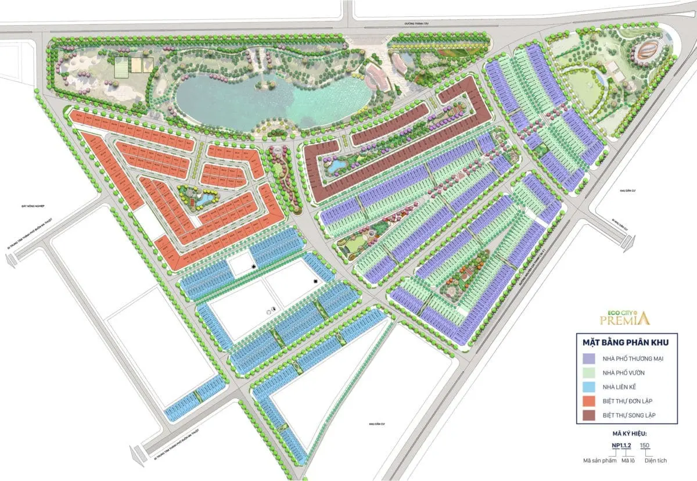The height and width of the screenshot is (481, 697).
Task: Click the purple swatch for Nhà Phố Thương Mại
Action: point(588,358)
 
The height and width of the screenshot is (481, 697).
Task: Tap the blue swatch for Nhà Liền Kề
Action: point(588,387)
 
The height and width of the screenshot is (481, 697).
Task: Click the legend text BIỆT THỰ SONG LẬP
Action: point(631,415)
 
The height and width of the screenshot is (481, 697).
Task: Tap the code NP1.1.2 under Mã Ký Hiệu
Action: point(620,446)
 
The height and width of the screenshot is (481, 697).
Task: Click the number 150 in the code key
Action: point(644,446)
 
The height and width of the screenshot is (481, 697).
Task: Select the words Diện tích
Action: point(655,460)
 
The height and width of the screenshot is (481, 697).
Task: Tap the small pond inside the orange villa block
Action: point(201,199)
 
